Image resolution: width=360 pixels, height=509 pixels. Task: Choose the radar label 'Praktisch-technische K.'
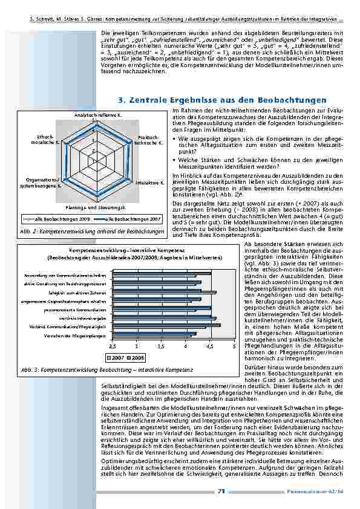click(148, 140)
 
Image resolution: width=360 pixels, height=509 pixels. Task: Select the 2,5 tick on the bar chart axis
click(112, 345)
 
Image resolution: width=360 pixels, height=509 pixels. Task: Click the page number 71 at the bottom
click(221, 491)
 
